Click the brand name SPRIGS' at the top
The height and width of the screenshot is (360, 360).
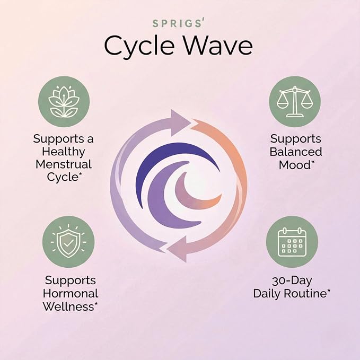click(x=178, y=23)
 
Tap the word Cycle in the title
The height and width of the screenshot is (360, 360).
click(x=139, y=46)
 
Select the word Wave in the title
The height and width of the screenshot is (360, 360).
click(x=218, y=45)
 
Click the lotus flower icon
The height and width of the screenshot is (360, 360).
click(x=64, y=102)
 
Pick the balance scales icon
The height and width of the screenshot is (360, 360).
click(x=295, y=101)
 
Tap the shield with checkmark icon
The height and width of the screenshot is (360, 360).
click(x=68, y=241)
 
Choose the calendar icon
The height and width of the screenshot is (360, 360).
click(x=292, y=242)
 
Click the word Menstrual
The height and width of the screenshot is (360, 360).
click(x=64, y=164)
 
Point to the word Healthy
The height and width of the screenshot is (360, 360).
click(x=64, y=152)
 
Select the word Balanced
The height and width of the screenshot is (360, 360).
click(x=296, y=152)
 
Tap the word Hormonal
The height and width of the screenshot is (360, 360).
click(x=71, y=293)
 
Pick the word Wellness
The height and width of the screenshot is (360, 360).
click(x=68, y=306)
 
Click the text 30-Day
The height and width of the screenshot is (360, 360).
click(x=292, y=280)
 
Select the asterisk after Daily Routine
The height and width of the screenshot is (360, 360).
click(x=329, y=291)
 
